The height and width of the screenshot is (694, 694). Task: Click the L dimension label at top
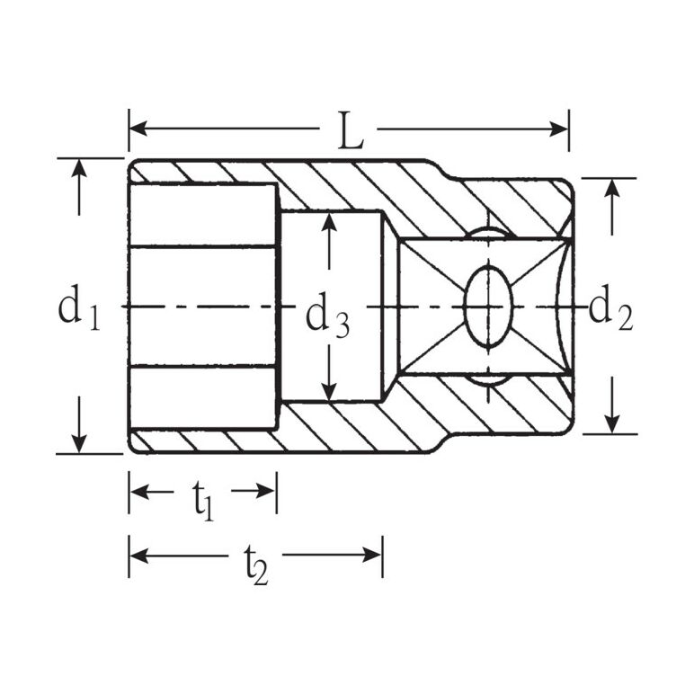click(351, 130)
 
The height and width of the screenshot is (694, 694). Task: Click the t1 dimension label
click(203, 500)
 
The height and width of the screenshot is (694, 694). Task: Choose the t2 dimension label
click(256, 565)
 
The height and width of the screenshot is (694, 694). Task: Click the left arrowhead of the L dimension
click(138, 129)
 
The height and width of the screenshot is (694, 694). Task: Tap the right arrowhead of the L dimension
click(558, 129)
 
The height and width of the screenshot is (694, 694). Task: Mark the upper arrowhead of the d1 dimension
click(79, 168)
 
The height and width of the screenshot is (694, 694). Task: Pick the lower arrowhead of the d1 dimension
click(79, 444)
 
